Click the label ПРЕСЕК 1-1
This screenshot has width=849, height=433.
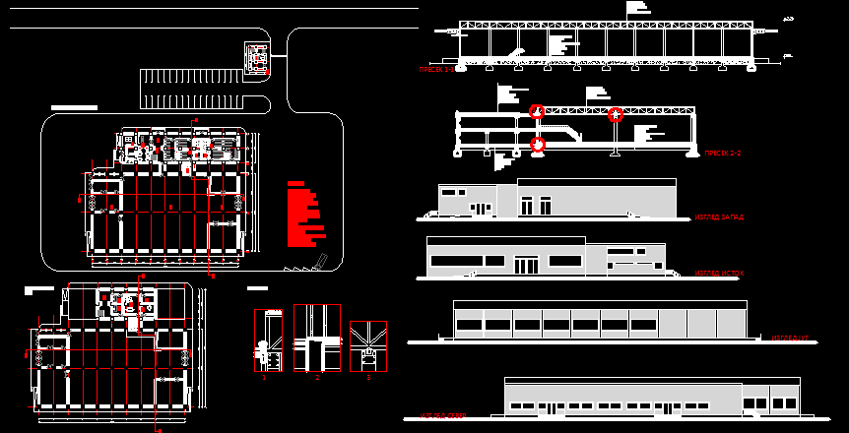coord(436,70)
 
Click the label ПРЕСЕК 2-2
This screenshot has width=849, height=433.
coord(722,154)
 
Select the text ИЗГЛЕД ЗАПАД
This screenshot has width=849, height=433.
coord(719,216)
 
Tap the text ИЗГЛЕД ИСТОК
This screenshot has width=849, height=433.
coord(719,274)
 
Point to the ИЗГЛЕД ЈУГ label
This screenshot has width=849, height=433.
coord(790,338)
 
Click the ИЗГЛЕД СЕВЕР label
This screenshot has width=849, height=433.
coord(443,416)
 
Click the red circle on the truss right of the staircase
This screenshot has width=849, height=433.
coord(616,115)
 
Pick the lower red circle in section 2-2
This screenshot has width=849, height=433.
coord(538,145)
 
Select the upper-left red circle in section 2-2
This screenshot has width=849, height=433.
coord(537,112)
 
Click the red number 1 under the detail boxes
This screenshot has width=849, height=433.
coord(264,377)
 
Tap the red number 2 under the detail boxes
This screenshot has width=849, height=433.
coord(317,377)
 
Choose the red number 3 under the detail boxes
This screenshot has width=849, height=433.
coord(368,377)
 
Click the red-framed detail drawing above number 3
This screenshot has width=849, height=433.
coord(368,345)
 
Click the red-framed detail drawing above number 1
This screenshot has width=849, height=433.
coord(268,340)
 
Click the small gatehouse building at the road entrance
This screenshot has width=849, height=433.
coord(257,58)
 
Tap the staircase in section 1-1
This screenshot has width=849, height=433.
coord(513,51)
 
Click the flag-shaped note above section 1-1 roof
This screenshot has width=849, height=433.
coord(636,8)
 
